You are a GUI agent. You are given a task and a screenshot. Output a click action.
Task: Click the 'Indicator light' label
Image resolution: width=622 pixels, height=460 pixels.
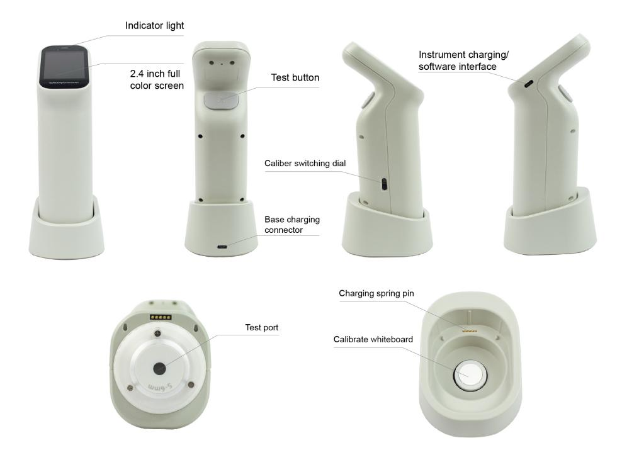154,26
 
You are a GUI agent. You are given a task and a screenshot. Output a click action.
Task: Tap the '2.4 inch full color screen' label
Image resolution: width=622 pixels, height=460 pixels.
157,79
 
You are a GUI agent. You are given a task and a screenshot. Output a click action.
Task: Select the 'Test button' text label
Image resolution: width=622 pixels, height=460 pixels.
295,77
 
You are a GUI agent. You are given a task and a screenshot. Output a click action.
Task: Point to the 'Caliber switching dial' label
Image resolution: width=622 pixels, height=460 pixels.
305,163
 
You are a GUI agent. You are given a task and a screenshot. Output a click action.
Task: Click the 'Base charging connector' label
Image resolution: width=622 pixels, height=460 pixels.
292,225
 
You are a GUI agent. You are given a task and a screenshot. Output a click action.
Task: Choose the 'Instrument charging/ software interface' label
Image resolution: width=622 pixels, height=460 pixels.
463,60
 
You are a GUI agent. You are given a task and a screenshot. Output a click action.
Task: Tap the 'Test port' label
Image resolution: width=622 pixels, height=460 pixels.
261,327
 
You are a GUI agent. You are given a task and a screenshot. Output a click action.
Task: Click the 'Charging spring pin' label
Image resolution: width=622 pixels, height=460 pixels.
376,293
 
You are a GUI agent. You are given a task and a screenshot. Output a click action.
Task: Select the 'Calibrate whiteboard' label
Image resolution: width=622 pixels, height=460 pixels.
373,339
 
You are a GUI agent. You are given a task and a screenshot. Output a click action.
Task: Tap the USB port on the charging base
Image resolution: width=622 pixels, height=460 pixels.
222,247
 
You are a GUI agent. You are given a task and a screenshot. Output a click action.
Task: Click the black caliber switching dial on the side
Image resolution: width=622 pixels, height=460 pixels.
383,184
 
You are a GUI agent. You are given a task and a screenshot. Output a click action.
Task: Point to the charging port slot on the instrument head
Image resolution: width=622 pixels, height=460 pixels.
528,84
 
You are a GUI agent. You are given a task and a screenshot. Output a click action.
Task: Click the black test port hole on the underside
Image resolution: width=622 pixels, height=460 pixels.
159,368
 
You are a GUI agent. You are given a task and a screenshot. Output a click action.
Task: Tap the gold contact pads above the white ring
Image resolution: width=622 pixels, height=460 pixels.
161,317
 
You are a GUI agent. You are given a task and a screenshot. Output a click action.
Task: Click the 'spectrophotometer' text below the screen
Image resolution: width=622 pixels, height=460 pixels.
64,82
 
